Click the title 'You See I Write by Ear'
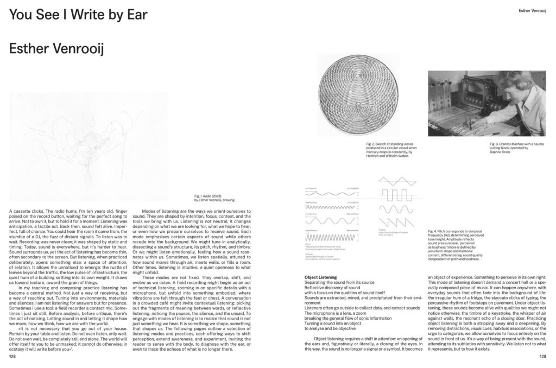coord(78,15)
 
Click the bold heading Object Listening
coord(321,277)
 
